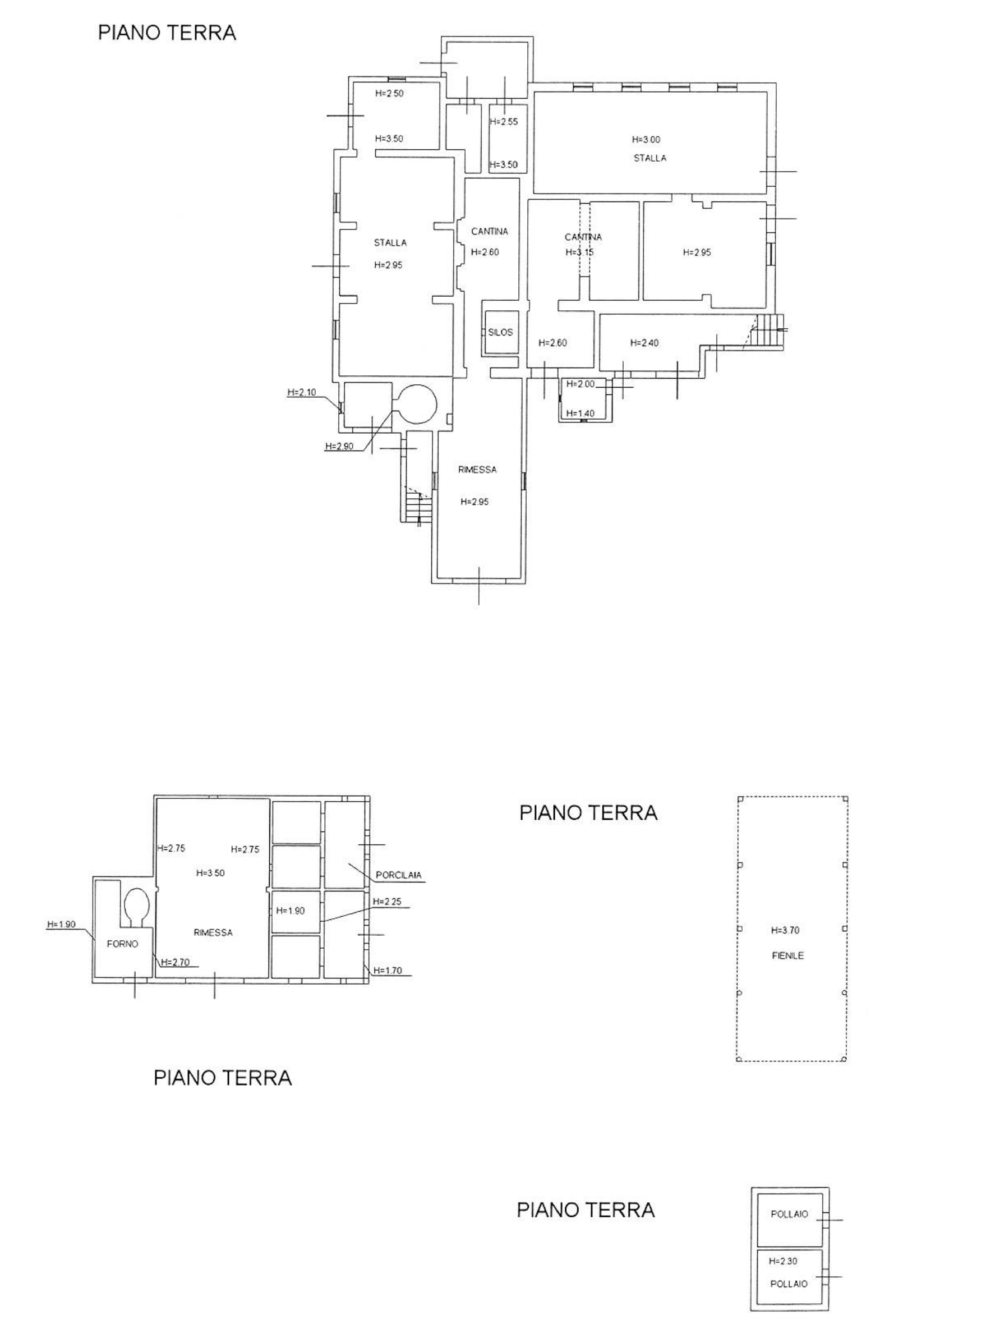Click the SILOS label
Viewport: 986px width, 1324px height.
point(500,333)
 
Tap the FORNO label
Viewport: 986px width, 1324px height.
point(122,944)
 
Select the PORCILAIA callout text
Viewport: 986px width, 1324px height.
point(399,875)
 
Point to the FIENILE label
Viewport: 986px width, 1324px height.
point(788,955)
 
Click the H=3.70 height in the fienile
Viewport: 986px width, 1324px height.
point(785,930)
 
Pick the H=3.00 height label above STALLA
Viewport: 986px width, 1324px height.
point(646,140)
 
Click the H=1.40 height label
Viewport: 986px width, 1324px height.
point(580,413)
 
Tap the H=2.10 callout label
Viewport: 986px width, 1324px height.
point(301,392)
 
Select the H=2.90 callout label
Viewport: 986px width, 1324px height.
point(340,446)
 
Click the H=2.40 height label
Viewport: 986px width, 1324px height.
point(644,343)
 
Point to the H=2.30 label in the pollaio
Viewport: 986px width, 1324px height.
point(783,1261)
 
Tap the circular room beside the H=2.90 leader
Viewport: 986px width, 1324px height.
point(417,403)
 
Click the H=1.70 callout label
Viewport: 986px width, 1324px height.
point(388,971)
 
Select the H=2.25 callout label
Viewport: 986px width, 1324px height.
point(388,902)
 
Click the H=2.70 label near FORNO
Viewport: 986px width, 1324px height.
point(175,962)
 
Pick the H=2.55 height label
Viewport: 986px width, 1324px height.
point(504,122)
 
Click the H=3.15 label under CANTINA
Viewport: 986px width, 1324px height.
point(579,252)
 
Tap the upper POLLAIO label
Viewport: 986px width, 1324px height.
point(789,1214)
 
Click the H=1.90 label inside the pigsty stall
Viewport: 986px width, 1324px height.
point(290,911)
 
